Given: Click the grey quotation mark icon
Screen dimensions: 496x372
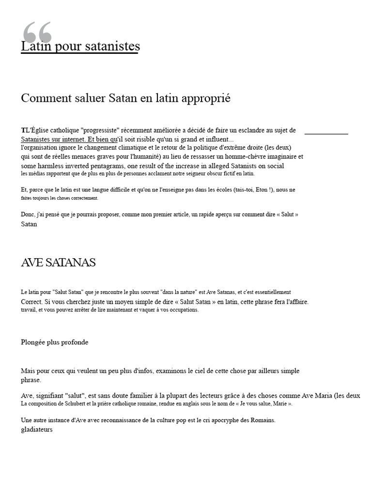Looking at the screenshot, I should pos(37,32).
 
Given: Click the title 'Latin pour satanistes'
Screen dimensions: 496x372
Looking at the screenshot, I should pos(80,46).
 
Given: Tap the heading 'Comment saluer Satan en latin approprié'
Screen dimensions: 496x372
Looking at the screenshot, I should pos(125,98).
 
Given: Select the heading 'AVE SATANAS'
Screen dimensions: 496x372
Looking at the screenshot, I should pos(58,263).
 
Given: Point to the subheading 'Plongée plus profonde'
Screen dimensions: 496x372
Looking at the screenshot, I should pos(54,342).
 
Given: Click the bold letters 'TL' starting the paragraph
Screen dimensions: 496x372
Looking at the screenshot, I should pos(24,130).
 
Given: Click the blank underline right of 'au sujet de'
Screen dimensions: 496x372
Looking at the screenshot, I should pos(326,132).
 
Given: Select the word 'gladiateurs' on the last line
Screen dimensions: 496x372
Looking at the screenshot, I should pos(37,429).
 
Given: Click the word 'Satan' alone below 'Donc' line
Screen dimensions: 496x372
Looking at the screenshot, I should pos(29,224).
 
